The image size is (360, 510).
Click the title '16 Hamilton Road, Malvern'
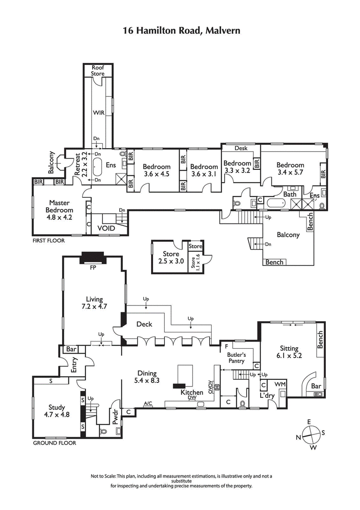click(181, 31)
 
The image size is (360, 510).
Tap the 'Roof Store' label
click(98, 71)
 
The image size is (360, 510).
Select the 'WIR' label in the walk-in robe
click(98, 113)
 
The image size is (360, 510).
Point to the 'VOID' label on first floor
click(106, 228)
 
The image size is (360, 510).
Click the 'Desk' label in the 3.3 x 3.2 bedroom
click(241, 148)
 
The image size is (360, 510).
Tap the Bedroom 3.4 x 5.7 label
click(290, 168)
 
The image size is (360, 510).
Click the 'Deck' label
click(144, 324)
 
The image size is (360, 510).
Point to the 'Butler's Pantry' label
click(235, 358)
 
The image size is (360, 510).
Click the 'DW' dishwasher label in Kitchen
click(192, 398)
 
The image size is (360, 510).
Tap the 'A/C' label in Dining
click(148, 403)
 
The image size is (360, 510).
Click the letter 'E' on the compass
click(309, 422)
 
